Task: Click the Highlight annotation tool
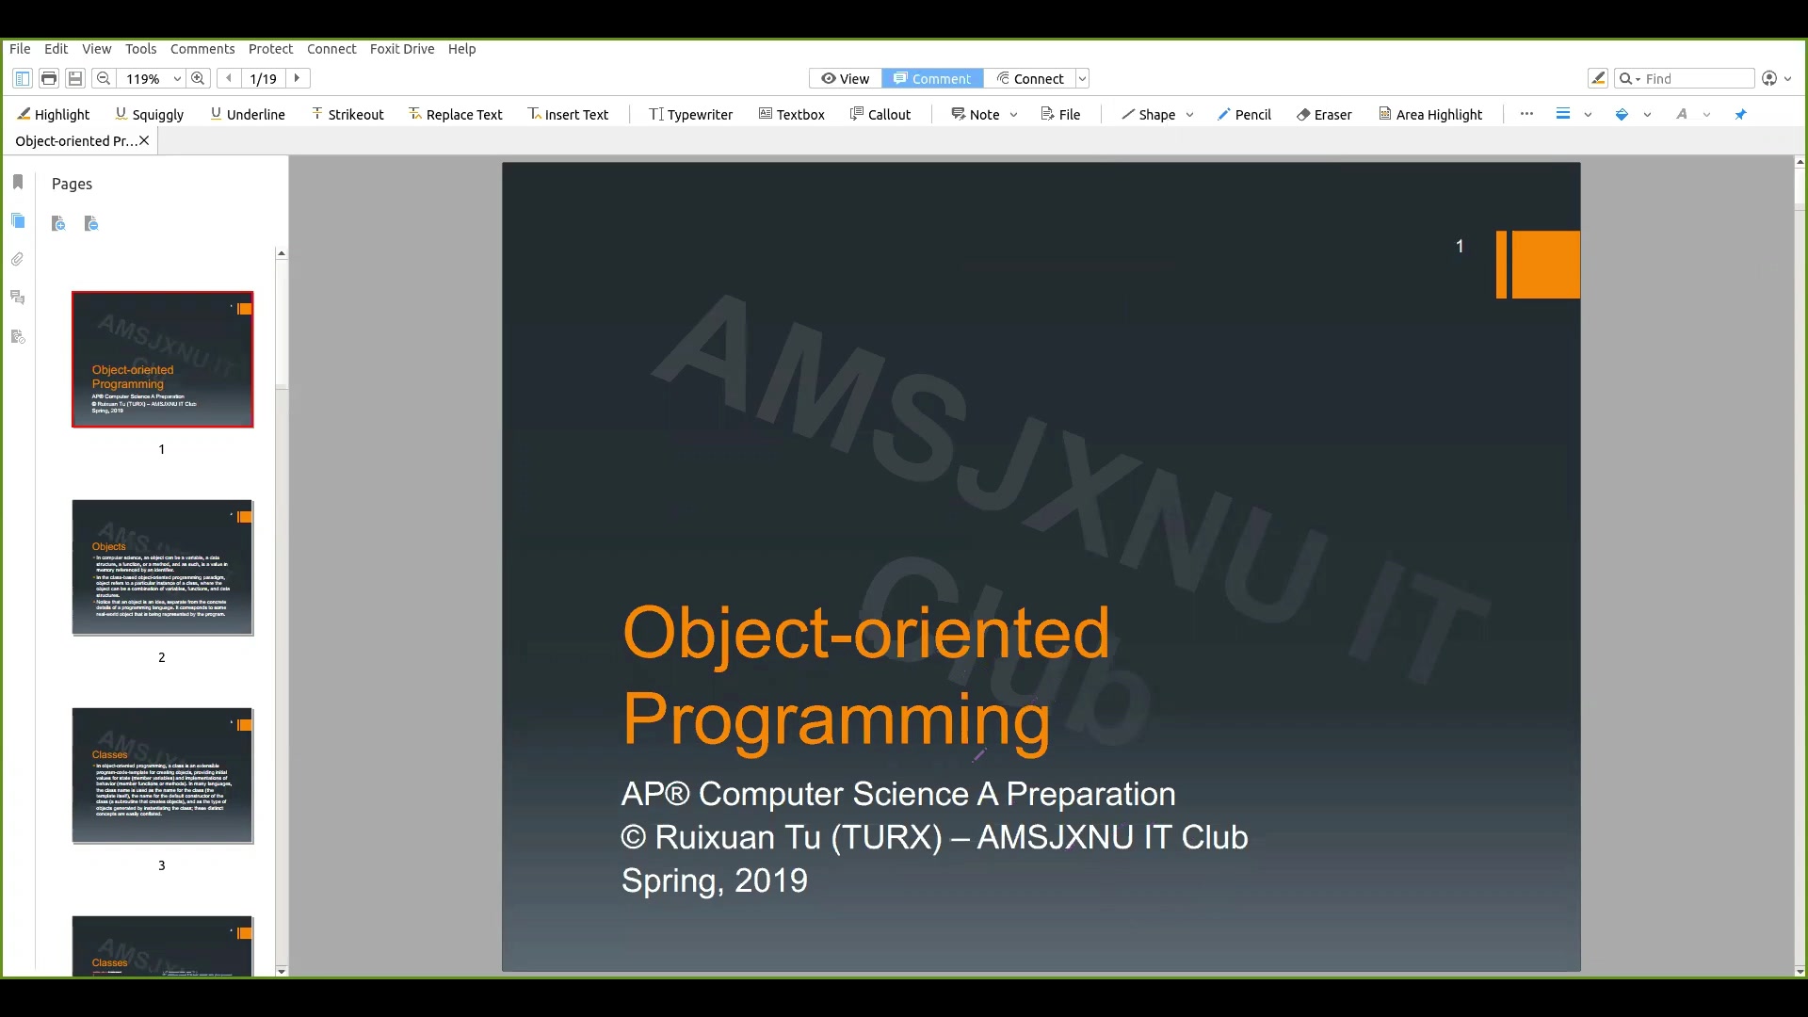[x=54, y=114]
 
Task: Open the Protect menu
[x=270, y=49]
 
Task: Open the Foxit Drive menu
[x=401, y=49]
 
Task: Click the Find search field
[x=1695, y=79]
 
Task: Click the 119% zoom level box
[x=144, y=79]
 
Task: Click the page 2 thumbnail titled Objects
[x=162, y=568]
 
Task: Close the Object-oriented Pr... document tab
[x=144, y=141]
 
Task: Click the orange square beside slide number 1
[x=1544, y=265]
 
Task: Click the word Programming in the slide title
[x=835, y=718]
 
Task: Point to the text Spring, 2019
[x=714, y=880]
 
